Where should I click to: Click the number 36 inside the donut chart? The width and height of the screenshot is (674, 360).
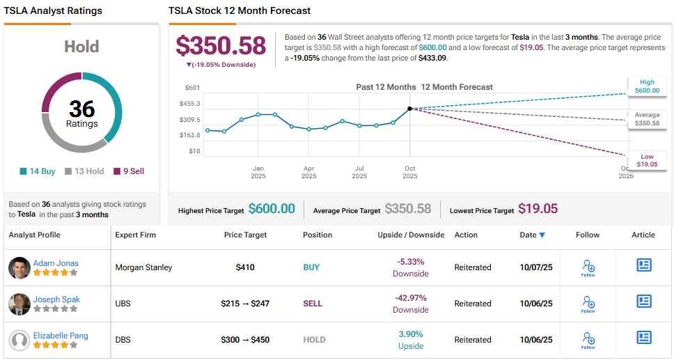click(x=82, y=109)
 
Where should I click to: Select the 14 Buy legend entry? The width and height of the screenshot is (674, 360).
click(x=38, y=171)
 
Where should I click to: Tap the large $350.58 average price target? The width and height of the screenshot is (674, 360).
click(x=221, y=46)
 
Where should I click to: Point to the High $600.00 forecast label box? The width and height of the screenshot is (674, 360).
click(x=647, y=86)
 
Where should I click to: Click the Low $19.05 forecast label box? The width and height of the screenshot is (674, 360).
click(x=647, y=160)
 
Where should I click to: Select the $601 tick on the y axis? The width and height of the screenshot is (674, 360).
click(x=193, y=87)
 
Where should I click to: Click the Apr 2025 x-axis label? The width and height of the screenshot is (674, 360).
click(x=308, y=172)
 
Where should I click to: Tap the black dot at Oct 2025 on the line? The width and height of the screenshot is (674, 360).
click(x=409, y=109)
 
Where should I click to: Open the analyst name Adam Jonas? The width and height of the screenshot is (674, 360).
click(x=56, y=263)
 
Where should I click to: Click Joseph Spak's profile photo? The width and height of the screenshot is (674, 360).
click(x=19, y=304)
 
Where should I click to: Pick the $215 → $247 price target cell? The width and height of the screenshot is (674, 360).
click(x=245, y=304)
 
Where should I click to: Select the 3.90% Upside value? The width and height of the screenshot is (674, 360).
click(x=410, y=334)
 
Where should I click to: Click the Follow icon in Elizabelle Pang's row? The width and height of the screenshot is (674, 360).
click(x=588, y=340)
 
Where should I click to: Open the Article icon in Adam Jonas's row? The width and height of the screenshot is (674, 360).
click(x=643, y=265)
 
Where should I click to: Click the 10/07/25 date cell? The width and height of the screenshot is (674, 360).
click(x=536, y=267)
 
